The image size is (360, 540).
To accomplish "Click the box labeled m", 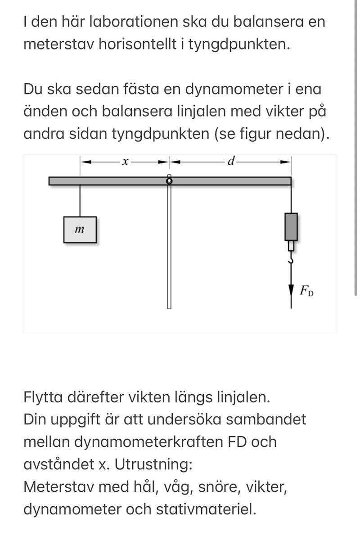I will pos(80,229).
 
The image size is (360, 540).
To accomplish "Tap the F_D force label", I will pos(307,290).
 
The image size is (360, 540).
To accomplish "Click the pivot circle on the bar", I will pos(169,181).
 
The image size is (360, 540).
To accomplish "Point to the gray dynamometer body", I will pos(291,227).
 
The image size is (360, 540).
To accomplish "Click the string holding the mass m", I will pos(80,201).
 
